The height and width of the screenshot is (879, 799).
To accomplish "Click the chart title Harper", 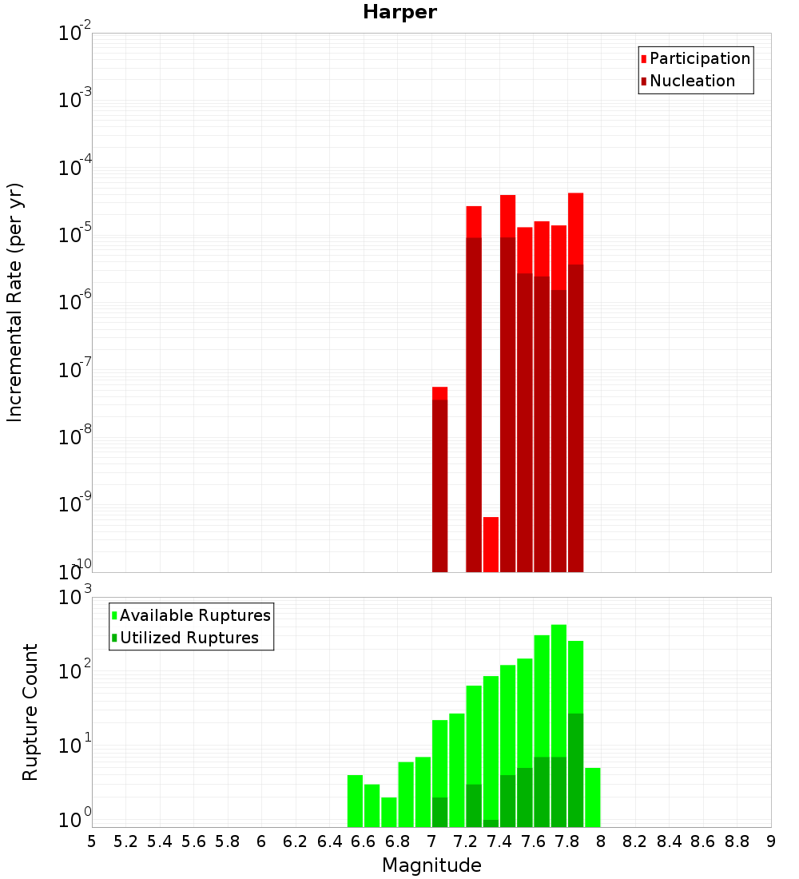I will [x=399, y=12].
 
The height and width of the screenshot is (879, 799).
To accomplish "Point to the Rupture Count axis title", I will [x=30, y=712].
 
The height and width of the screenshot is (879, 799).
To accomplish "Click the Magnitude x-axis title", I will [x=431, y=865].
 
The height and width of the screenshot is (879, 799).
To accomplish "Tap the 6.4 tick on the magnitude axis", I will [x=329, y=841].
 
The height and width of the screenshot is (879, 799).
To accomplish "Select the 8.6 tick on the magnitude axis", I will [x=703, y=841].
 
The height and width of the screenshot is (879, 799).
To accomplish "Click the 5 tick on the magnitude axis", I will [x=92, y=841].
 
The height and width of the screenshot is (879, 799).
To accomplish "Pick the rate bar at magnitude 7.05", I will [x=439, y=479].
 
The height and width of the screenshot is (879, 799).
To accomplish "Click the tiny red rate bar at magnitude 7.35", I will [x=491, y=544].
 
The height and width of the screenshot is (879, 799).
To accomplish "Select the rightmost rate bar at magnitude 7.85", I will [x=575, y=384].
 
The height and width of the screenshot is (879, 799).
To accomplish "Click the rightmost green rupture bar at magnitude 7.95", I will [x=592, y=797].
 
